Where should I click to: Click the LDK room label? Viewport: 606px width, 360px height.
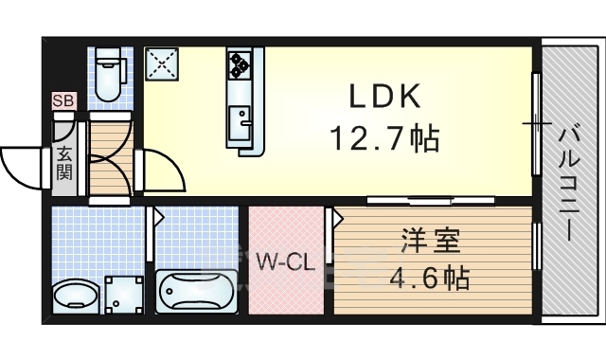383,99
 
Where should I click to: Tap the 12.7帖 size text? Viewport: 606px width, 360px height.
383,139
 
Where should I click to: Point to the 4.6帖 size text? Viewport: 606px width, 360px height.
431,279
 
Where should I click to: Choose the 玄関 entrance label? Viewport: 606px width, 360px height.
63,162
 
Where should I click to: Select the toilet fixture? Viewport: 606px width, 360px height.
112,76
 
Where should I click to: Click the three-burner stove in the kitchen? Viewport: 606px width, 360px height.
239,65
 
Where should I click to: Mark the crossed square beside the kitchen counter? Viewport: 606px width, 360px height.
161,64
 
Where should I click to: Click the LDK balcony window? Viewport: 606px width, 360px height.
537,123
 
